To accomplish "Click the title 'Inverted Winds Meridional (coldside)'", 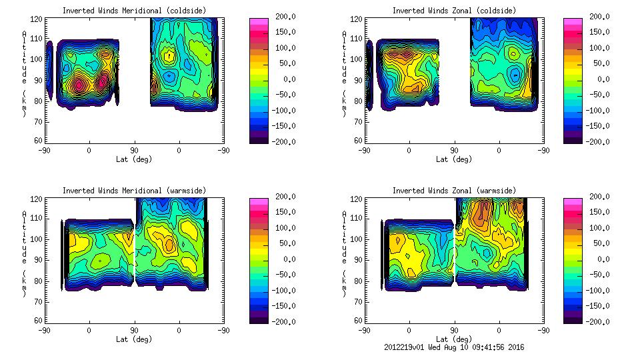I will [x=134, y=11].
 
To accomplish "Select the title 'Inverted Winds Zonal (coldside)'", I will [x=453, y=11].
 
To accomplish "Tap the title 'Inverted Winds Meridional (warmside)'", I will [x=134, y=191].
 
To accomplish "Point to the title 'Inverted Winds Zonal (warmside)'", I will [x=453, y=191].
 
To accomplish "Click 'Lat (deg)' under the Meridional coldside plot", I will [x=134, y=159].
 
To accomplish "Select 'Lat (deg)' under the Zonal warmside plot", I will [x=453, y=339].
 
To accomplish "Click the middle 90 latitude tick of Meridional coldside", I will [x=134, y=151].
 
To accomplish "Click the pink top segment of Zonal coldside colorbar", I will [x=571, y=21].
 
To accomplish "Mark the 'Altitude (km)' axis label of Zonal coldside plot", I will [x=343, y=73].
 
